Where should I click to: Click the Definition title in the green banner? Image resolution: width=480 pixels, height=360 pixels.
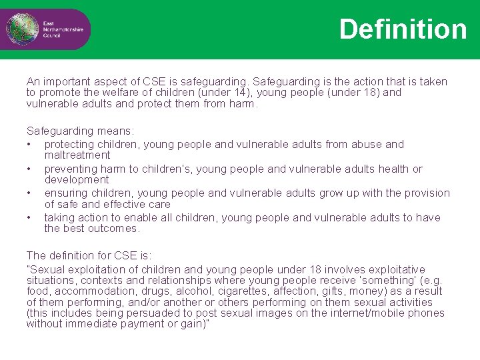pos(403,29)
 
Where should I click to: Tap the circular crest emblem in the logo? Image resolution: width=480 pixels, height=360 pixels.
pos(18,29)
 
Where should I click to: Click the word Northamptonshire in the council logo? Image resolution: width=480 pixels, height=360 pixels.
pos(65,30)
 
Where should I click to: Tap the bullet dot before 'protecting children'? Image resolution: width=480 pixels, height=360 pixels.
pos(29,144)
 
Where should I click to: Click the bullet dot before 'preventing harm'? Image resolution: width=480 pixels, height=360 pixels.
pos(29,169)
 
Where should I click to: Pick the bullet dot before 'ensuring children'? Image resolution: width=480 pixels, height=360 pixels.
pos(29,193)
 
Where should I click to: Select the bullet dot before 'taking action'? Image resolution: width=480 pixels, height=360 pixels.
pos(29,218)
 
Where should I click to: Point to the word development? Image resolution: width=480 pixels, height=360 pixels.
pos(76,180)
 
